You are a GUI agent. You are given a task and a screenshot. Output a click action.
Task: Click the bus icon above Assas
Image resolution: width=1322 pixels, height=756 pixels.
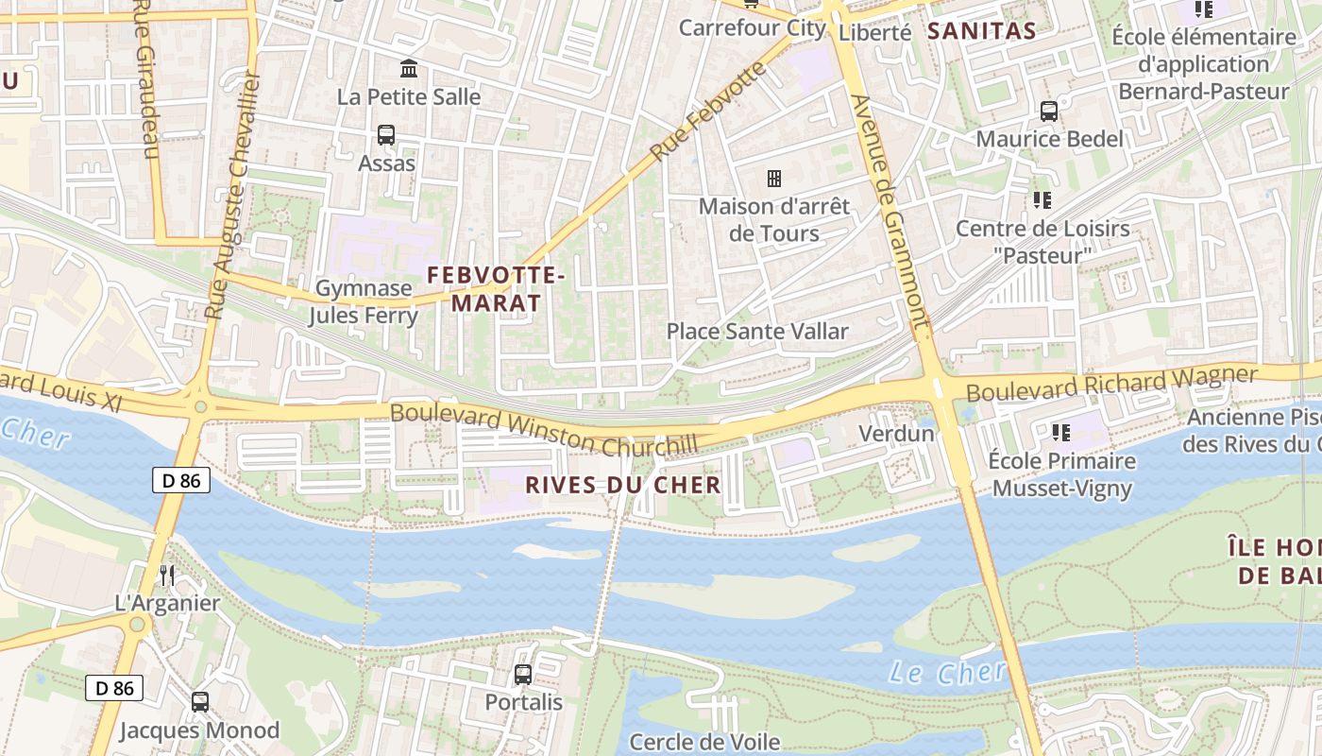pos(386,135)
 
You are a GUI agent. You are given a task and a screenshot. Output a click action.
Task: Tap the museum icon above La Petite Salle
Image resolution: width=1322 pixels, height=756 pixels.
pos(409,69)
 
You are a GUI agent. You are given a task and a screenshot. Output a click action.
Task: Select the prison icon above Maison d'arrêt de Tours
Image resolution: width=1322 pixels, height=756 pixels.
pos(774,179)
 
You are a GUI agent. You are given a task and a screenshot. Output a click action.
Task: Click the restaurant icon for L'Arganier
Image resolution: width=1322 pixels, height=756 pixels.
pos(167,575)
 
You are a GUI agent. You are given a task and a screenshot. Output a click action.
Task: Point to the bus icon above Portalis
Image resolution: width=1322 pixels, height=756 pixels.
pos(523,675)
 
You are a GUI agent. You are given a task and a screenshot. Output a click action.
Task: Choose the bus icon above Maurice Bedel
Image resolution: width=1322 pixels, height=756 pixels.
pos(1049,112)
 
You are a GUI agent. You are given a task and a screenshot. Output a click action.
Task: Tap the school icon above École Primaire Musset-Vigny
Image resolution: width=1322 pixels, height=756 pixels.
pos(1061,433)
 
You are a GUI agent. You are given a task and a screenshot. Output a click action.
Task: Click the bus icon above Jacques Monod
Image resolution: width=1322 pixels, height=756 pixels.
pos(200,702)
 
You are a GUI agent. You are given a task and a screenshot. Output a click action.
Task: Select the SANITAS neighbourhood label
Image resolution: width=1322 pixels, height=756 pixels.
pos(981,31)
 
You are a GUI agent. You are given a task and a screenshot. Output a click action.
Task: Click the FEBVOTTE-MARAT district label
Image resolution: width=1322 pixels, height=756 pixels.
pos(496,289)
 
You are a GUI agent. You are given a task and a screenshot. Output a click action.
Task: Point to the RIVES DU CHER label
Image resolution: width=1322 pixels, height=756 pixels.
pos(622,486)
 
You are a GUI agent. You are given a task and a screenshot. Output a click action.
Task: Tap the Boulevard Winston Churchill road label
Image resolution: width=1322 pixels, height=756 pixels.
pos(544,429)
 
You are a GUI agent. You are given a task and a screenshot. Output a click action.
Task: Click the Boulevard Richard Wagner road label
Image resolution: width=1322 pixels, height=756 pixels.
pos(1111,383)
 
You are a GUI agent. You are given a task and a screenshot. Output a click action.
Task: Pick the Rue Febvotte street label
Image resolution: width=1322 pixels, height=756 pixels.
pos(708,111)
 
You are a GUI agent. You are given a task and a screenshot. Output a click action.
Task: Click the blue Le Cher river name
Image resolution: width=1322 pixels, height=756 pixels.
pos(947,673)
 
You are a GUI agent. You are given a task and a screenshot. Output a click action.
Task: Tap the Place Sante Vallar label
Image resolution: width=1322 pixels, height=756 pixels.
pos(757,332)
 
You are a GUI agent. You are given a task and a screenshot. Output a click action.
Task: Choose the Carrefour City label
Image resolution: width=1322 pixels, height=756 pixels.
pos(752,28)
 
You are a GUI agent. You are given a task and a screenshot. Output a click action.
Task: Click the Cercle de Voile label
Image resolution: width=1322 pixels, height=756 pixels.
pos(704,742)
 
